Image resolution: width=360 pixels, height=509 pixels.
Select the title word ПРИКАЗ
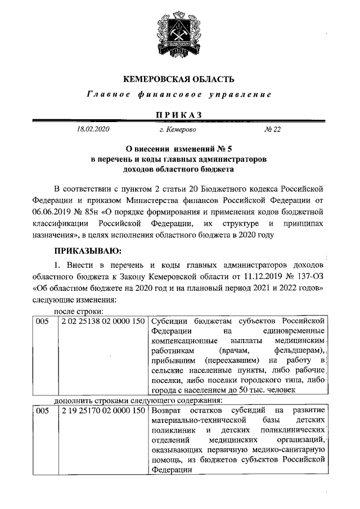point(178,115)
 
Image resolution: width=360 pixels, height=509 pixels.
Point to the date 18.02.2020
point(93,130)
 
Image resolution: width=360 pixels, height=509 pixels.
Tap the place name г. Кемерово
point(177,130)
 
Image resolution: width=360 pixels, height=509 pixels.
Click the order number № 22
point(272,130)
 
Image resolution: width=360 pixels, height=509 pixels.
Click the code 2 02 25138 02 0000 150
point(102,321)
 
